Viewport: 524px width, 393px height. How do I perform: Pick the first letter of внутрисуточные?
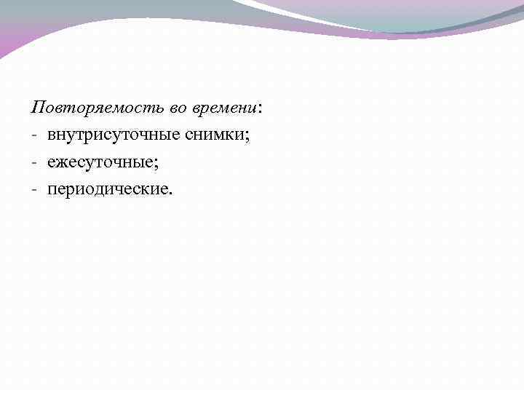pos(52,136)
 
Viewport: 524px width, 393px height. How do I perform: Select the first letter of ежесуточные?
pos(52,163)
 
